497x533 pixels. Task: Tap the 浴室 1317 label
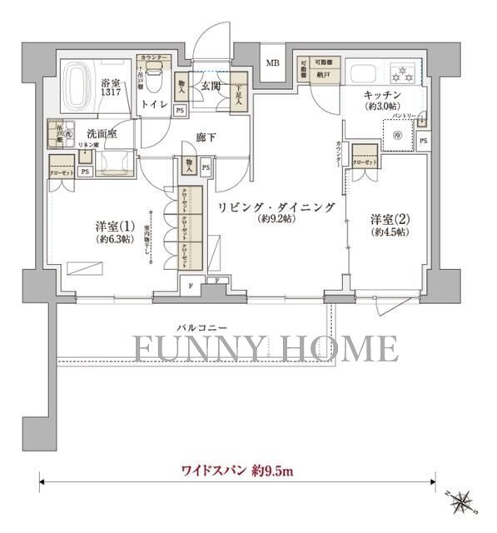[x=112, y=87]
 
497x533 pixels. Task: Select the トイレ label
[x=152, y=105]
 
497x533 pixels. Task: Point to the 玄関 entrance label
[x=209, y=86]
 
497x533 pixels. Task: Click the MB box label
[x=272, y=64]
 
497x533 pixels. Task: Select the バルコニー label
[x=197, y=327]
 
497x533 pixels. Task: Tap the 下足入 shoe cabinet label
[x=239, y=87]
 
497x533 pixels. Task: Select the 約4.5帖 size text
[x=388, y=233]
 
